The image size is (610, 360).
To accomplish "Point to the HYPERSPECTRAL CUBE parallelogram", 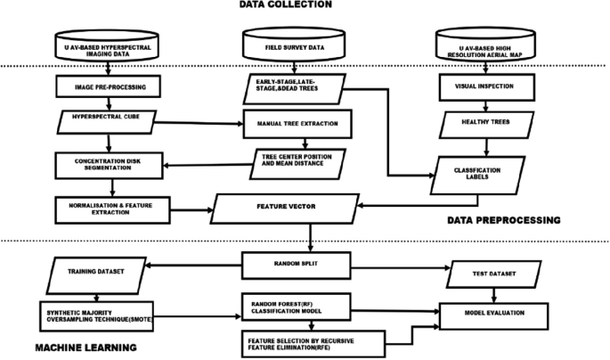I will point(108,118).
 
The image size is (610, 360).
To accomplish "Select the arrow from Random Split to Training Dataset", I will point(196,263).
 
